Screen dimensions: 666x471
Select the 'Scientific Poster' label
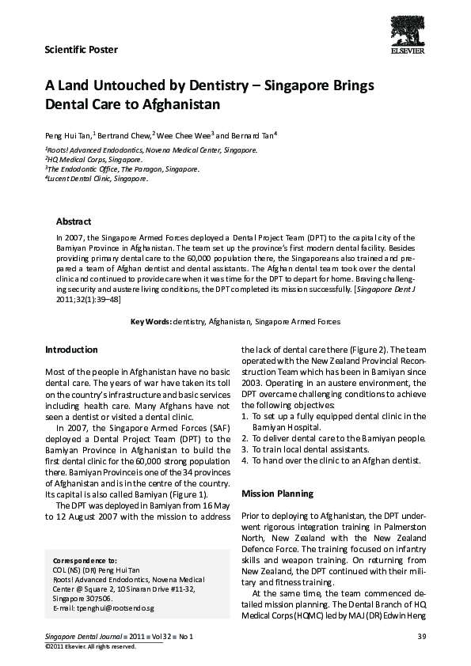(82, 50)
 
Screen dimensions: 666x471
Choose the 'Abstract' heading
(74, 221)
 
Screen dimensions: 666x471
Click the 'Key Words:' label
(150, 322)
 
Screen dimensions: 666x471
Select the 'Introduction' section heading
(71, 350)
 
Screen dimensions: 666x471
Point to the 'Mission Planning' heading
(277, 494)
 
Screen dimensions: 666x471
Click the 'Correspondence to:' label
(84, 559)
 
